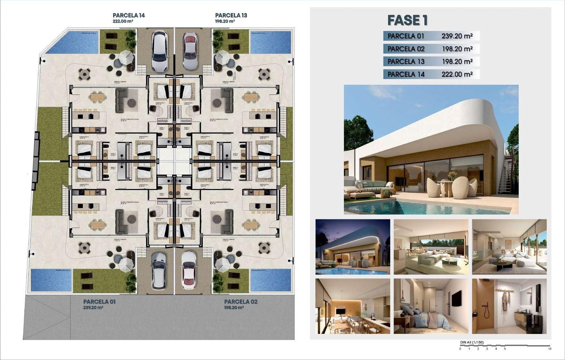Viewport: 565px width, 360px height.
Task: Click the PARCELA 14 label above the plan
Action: coord(129,15)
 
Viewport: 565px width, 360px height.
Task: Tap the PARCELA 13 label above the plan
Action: coord(231,15)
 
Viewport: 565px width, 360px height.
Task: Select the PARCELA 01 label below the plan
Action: coord(99,302)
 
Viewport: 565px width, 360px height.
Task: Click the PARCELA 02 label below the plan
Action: coord(241,302)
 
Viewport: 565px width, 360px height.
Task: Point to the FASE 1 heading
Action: coord(407,20)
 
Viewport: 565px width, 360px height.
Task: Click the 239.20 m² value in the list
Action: coord(457,36)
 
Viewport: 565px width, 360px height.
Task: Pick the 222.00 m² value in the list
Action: coord(457,74)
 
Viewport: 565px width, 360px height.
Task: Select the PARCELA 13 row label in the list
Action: coord(406,62)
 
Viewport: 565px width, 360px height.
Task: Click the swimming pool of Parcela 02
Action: coord(270,280)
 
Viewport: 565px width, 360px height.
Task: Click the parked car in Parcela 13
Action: coord(190,51)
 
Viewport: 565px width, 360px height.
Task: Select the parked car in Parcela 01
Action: coord(159,270)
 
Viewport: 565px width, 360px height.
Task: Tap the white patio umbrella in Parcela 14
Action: coord(126,58)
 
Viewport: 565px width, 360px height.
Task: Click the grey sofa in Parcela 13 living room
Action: coord(228,99)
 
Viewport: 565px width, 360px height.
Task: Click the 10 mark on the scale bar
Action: coord(549,349)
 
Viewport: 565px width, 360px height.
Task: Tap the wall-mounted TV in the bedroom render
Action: coord(456,298)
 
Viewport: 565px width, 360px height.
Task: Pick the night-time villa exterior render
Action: coord(353,247)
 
